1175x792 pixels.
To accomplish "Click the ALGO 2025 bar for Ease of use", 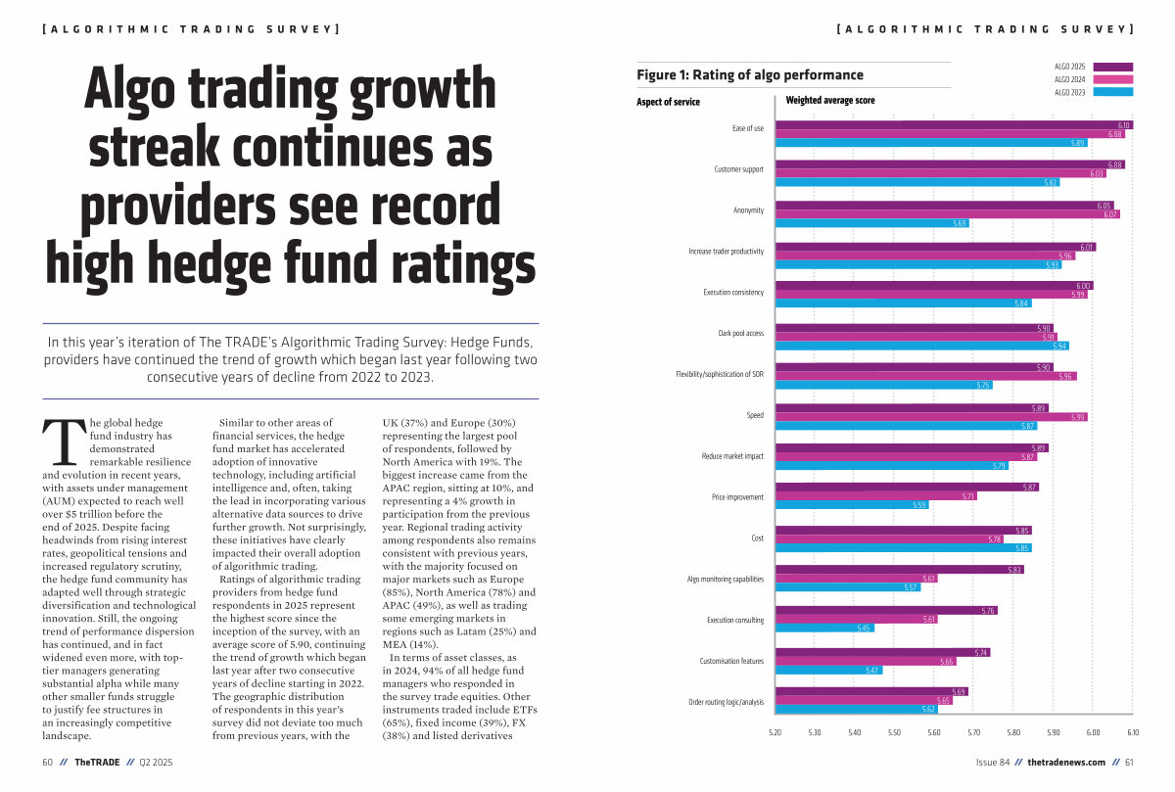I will (x=955, y=125).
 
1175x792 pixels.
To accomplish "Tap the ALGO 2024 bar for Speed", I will (x=931, y=417).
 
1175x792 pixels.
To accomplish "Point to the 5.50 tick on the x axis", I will (x=894, y=732).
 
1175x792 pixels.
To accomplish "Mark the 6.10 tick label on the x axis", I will (x=1133, y=732).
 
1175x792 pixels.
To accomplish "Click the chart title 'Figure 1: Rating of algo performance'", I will (x=750, y=74).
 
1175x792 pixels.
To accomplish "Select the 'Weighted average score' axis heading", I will (x=830, y=100).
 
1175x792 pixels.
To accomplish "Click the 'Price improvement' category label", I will (x=737, y=497).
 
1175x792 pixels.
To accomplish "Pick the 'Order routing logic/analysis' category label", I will (x=726, y=702).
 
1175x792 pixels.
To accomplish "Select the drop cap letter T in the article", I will (x=64, y=442).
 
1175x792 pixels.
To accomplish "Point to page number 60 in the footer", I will (x=48, y=763).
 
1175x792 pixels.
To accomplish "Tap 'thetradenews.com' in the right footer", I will (x=1066, y=763).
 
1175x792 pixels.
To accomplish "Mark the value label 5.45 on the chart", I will (x=864, y=629).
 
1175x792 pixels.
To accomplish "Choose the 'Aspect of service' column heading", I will (x=668, y=101).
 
